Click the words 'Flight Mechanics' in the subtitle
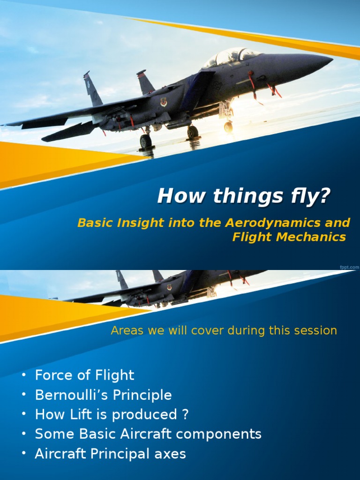point(289,237)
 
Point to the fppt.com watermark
point(349,266)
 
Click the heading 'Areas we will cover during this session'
point(224,330)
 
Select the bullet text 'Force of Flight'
point(84,375)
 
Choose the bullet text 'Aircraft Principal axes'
point(110,454)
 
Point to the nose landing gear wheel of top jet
point(228,127)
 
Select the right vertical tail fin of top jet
point(145,82)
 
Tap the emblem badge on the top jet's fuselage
point(164,102)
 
